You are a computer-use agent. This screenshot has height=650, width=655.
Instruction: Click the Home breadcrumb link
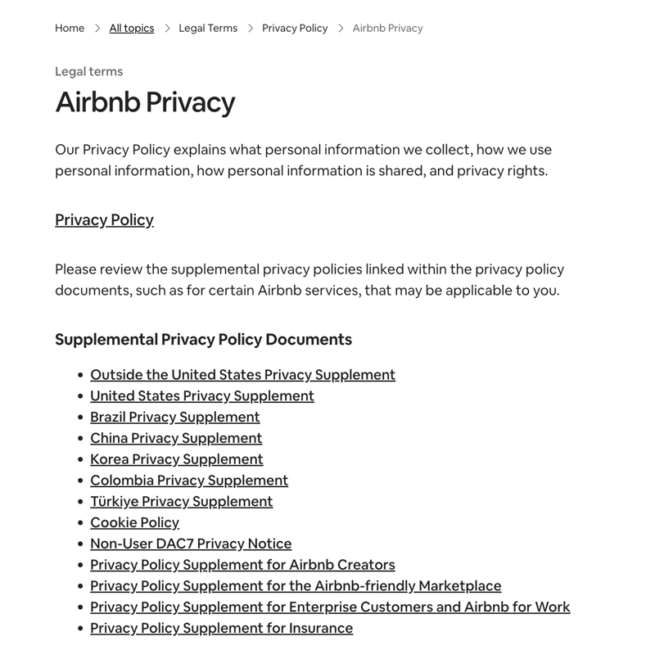(x=70, y=28)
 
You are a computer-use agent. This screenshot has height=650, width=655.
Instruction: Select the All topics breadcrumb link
(x=132, y=28)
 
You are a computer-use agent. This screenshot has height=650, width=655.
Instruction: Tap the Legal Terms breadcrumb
(x=208, y=28)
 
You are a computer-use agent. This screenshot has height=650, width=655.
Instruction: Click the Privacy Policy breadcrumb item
(x=295, y=28)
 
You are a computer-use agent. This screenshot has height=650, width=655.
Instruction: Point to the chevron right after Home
(x=97, y=28)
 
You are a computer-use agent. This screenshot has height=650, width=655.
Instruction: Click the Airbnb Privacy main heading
(x=145, y=102)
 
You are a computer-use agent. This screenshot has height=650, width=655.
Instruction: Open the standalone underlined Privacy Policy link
(x=104, y=219)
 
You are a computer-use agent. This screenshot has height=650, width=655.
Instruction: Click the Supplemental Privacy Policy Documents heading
(x=203, y=339)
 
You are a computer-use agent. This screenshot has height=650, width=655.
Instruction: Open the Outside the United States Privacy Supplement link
(x=242, y=374)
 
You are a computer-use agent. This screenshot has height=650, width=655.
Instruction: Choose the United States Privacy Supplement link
(x=202, y=395)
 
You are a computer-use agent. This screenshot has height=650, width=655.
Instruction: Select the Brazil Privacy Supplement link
(x=175, y=417)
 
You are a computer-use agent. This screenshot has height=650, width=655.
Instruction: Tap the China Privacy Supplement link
(x=176, y=438)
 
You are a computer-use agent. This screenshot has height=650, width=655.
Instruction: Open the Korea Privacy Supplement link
(x=177, y=459)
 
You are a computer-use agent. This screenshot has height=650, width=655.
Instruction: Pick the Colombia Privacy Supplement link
(x=189, y=480)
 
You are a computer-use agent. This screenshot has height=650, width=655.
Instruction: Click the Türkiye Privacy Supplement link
(x=181, y=501)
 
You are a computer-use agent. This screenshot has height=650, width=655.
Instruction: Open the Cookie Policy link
(x=134, y=522)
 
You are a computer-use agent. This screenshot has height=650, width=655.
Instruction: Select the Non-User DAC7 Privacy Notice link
(x=191, y=544)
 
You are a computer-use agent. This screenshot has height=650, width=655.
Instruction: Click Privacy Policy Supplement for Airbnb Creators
(x=242, y=565)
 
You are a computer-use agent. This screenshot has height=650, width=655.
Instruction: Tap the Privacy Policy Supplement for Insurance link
(x=221, y=628)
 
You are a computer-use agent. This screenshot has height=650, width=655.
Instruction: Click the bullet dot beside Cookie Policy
(x=79, y=523)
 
